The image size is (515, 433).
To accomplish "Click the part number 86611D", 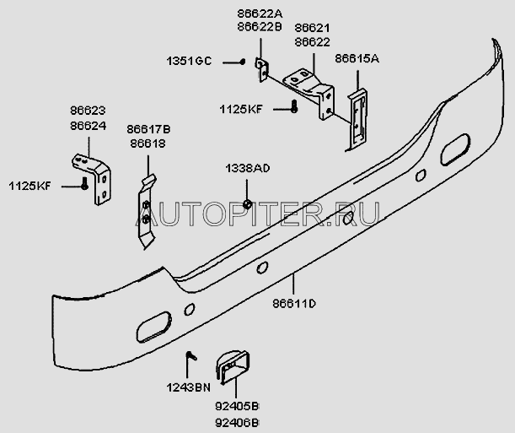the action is click(294, 304).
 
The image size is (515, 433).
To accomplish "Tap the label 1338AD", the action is click(247, 168).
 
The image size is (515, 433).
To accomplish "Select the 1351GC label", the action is click(189, 61).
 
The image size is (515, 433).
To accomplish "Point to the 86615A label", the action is click(357, 59).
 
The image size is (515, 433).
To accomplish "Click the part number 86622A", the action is click(260, 14).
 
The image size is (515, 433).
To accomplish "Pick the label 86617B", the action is click(148, 129).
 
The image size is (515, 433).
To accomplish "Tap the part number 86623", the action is click(88, 111).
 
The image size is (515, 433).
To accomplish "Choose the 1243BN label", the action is click(188, 388).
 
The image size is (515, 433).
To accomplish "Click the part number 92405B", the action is click(237, 407).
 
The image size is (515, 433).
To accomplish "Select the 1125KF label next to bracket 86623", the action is click(30, 186).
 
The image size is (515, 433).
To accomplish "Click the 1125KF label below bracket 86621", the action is click(241, 109).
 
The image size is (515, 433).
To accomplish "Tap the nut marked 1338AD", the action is click(247, 204).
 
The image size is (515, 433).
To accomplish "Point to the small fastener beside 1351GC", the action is click(243, 62).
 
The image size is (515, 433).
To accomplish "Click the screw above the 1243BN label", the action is click(191, 355).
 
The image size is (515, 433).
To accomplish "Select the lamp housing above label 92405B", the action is click(233, 367).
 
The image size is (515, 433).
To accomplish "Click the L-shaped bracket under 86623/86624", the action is click(92, 179).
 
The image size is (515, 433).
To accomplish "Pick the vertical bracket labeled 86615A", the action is click(357, 120).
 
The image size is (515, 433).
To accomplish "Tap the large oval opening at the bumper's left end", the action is click(153, 327).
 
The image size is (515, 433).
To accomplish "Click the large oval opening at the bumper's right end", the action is click(455, 149).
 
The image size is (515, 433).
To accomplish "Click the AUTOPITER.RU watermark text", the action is click(258, 214).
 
